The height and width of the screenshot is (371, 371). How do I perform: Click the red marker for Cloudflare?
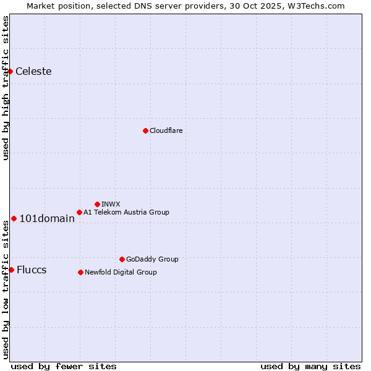click(x=145, y=130)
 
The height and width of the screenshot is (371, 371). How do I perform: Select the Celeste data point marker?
click(x=10, y=71)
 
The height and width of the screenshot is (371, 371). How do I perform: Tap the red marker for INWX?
click(x=97, y=204)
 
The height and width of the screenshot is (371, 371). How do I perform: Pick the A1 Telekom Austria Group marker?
click(x=79, y=212)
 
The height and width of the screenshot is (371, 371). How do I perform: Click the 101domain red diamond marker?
click(x=14, y=218)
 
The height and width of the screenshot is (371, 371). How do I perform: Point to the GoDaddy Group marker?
click(x=122, y=259)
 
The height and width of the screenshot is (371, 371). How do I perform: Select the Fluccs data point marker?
click(x=11, y=270)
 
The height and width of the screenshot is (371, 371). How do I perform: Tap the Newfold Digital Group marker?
click(x=80, y=272)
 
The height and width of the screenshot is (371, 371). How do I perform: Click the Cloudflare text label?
click(x=166, y=130)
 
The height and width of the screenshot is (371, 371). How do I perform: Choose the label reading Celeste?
click(x=33, y=71)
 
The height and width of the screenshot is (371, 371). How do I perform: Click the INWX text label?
click(x=111, y=204)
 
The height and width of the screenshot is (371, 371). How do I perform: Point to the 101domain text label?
click(x=47, y=218)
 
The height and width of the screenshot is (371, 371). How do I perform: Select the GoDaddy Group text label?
click(x=152, y=259)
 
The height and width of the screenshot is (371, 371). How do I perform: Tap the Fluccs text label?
click(x=32, y=270)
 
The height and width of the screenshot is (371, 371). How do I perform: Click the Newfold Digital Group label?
click(x=121, y=272)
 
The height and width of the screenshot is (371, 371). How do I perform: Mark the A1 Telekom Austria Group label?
click(x=126, y=212)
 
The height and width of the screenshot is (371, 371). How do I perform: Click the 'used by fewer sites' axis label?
click(x=64, y=366)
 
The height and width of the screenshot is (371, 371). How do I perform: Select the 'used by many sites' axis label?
click(x=310, y=366)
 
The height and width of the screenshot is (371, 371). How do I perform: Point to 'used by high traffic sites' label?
click(x=6, y=88)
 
